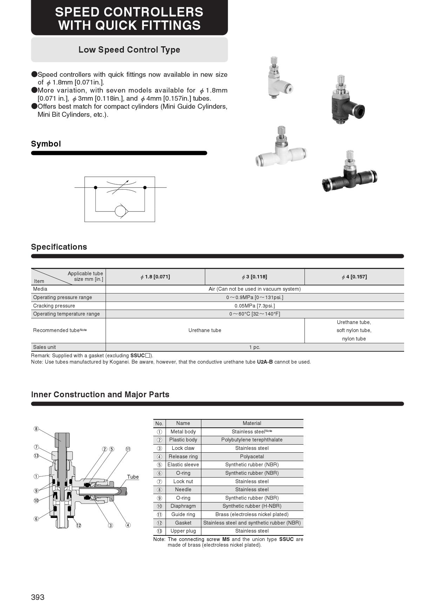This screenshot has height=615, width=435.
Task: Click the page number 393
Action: (38, 597)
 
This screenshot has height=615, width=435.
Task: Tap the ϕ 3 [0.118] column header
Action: (254, 277)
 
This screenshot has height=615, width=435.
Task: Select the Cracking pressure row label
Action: (54, 306)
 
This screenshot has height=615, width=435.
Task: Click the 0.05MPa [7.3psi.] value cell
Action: (254, 306)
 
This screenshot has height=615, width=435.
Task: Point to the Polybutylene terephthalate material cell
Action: (252, 440)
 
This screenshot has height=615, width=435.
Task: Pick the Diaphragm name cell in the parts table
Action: (183, 506)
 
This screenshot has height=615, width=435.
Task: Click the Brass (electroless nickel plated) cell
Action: (252, 514)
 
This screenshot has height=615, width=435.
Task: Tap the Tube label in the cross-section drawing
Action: (133, 477)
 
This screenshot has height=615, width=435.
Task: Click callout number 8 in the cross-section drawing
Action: (36, 429)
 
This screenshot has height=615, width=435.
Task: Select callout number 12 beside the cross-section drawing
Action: (79, 525)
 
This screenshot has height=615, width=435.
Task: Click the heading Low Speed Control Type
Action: (129, 50)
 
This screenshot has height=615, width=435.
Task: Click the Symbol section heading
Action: (46, 144)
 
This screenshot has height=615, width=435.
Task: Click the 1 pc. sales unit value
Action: (254, 347)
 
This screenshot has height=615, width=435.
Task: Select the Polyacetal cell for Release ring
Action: (252, 457)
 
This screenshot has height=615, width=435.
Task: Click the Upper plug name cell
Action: (183, 531)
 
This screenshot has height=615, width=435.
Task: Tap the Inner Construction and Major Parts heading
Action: (100, 394)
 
